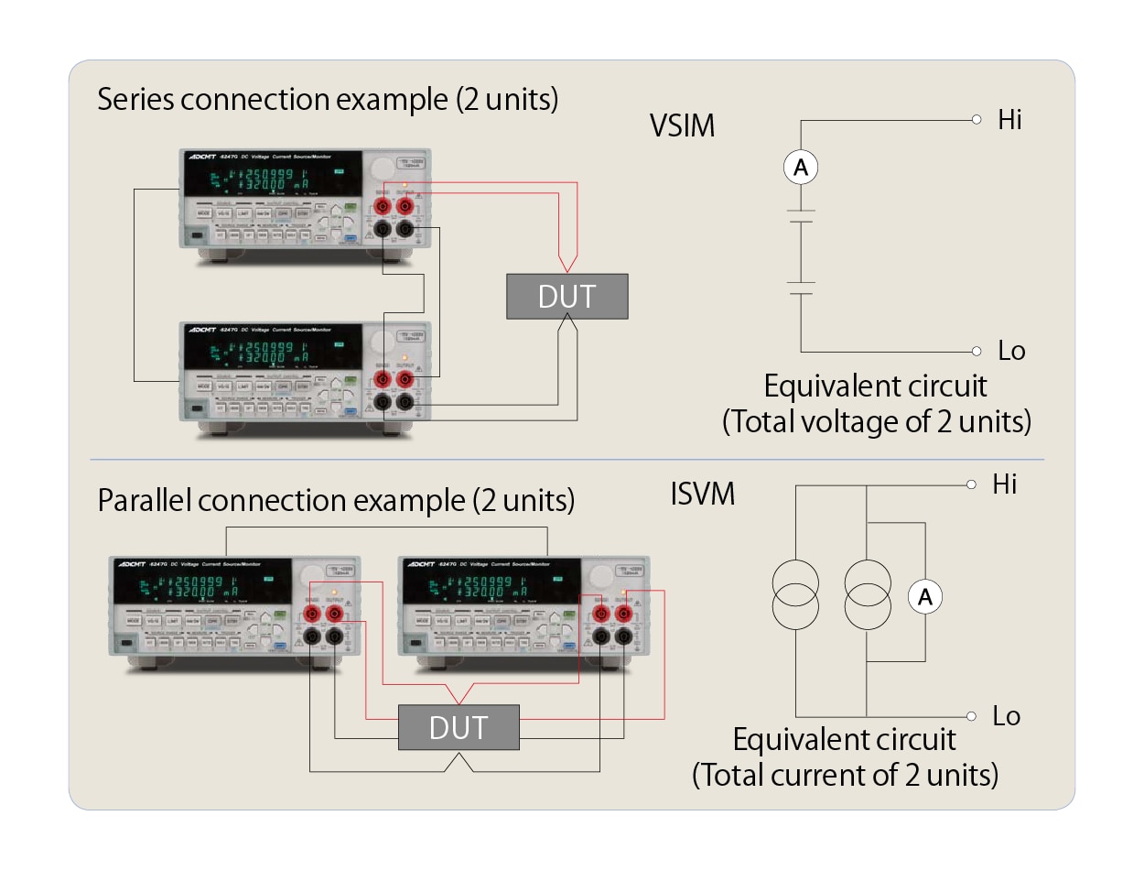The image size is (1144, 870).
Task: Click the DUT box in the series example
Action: pos(567,297)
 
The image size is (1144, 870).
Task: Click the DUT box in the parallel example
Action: pos(459,728)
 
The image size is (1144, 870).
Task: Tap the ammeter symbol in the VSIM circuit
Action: pos(801,168)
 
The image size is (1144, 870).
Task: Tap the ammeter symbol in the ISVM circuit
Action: pos(924,597)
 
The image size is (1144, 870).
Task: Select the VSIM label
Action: pos(681,125)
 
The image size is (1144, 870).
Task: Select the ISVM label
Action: pos(703,495)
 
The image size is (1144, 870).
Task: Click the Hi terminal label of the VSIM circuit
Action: pos(1009,120)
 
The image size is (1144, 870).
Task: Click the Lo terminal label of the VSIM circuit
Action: pos(1011,351)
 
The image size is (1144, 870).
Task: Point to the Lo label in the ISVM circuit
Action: pos(1007,716)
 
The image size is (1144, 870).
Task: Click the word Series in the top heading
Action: pos(136,99)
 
